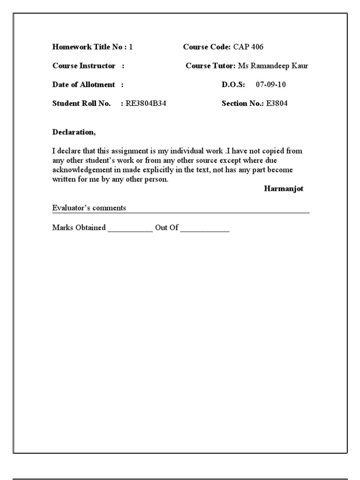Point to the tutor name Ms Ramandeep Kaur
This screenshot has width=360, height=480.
tap(273, 66)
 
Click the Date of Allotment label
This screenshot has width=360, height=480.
tap(83, 85)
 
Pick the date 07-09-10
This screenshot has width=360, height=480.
tap(271, 85)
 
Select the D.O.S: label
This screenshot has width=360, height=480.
tap(233, 85)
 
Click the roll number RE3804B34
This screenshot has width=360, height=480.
tap(146, 104)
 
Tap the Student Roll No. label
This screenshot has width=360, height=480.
tap(82, 104)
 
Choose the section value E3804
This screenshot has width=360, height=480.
tap(277, 104)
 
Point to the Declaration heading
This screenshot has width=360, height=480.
tap(74, 132)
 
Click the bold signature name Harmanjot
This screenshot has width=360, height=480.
tap(284, 189)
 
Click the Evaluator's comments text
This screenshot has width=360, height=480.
tap(89, 208)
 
